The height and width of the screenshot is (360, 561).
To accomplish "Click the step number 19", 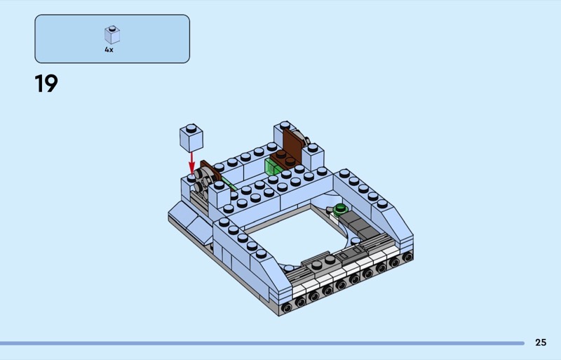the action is (46, 84).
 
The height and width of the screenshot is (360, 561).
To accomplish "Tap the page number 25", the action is (541, 342).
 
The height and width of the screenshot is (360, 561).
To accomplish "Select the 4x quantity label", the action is (109, 50).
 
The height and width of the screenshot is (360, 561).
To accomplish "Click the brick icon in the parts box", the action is (112, 35).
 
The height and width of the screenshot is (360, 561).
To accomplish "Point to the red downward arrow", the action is (191, 163).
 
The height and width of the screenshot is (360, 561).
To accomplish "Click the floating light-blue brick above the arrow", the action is (191, 138).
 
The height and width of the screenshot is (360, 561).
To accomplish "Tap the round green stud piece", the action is (340, 209).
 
